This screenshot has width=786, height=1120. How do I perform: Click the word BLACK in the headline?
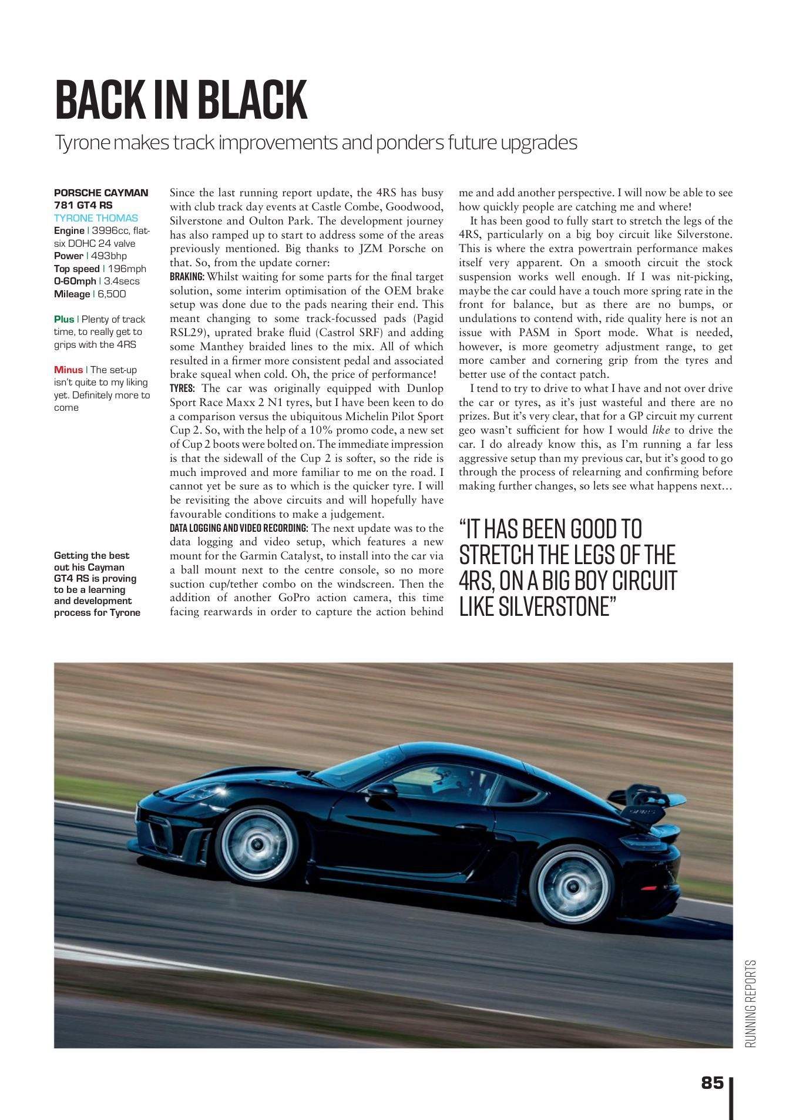point(253,100)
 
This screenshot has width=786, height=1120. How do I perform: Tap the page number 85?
point(712,1082)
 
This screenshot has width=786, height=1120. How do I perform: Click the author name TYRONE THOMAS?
point(96,218)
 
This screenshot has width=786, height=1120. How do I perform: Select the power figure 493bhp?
point(109,256)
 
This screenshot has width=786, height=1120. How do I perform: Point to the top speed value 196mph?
point(127,269)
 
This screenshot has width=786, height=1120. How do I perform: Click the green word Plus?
point(64,319)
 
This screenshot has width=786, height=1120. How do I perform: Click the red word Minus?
point(68,370)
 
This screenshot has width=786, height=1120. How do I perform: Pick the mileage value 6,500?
point(112,294)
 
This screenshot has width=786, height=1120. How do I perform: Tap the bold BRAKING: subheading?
point(187,277)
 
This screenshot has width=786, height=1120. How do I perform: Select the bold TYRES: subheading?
point(182,388)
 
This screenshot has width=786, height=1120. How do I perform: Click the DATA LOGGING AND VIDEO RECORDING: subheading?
point(239,528)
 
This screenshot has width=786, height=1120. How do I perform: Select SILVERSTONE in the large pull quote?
point(555,606)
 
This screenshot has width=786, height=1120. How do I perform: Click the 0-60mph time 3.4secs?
point(122,281)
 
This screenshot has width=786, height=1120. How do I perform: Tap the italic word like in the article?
point(661,430)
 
